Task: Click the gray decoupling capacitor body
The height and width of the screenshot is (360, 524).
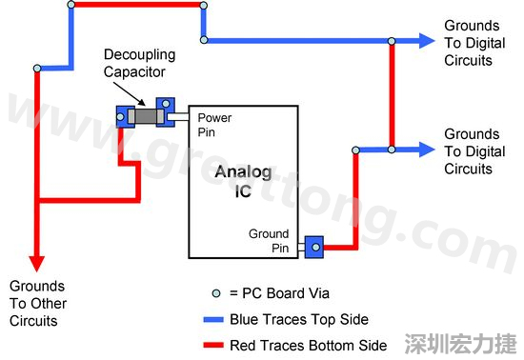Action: pyautogui.click(x=145, y=116)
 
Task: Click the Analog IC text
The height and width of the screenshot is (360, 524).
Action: pyautogui.click(x=242, y=181)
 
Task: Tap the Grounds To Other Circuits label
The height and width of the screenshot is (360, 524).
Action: pyautogui.click(x=36, y=303)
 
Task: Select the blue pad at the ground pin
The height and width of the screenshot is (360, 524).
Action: pyautogui.click(x=313, y=248)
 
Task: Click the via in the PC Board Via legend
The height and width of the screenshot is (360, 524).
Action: pyautogui.click(x=216, y=294)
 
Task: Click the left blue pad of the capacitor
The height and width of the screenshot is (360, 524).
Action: pyautogui.click(x=123, y=116)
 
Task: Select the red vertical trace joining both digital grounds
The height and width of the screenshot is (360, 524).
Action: pyautogui.click(x=392, y=95)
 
